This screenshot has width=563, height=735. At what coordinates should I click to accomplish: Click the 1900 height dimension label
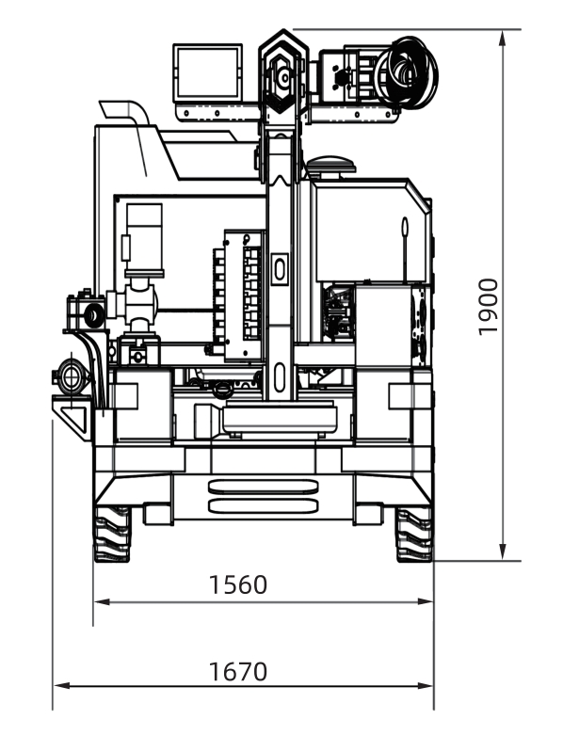click(488, 307)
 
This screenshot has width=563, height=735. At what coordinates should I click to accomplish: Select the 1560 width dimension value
click(237, 584)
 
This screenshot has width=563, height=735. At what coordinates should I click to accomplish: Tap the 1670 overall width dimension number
click(237, 671)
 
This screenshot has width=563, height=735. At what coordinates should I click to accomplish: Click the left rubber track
click(112, 535)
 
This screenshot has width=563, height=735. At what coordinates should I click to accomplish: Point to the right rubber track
click(413, 535)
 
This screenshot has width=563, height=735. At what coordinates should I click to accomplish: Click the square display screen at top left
click(208, 72)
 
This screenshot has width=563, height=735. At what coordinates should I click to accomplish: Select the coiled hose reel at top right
click(406, 72)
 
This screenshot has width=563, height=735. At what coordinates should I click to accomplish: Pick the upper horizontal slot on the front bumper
click(263, 487)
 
